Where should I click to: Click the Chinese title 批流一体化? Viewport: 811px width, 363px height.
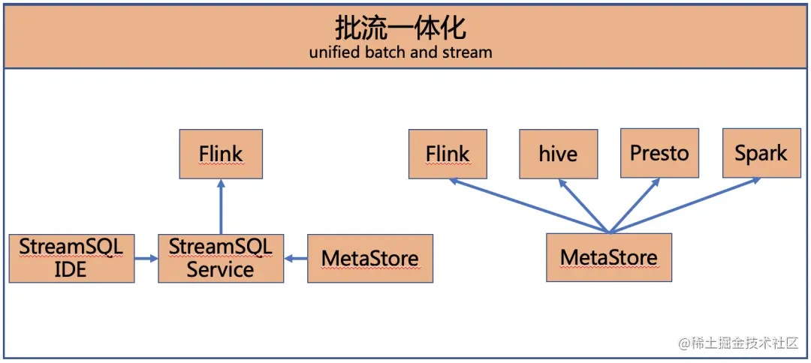click(x=400, y=28)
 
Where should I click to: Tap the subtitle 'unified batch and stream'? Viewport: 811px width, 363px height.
click(x=400, y=52)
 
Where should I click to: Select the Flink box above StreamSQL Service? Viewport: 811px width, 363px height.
click(x=221, y=154)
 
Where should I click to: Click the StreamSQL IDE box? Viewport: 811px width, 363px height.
click(x=71, y=258)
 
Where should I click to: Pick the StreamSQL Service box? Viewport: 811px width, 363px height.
click(x=221, y=258)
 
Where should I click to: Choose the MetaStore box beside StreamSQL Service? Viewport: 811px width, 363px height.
click(x=370, y=258)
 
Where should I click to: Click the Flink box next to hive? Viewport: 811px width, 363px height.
click(x=448, y=154)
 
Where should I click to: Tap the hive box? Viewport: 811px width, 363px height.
click(x=559, y=154)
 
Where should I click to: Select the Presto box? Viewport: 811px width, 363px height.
click(x=659, y=154)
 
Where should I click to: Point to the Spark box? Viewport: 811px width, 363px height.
click(x=761, y=154)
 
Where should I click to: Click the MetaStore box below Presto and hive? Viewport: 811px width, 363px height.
click(x=609, y=257)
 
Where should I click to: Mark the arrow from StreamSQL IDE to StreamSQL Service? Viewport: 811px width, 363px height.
click(x=146, y=258)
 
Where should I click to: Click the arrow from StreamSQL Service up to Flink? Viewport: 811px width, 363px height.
click(x=221, y=206)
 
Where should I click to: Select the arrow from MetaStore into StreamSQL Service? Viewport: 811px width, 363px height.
click(x=296, y=258)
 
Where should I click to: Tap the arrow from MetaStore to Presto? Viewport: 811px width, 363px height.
click(x=635, y=205)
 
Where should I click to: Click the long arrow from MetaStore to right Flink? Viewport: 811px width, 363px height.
click(x=529, y=205)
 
